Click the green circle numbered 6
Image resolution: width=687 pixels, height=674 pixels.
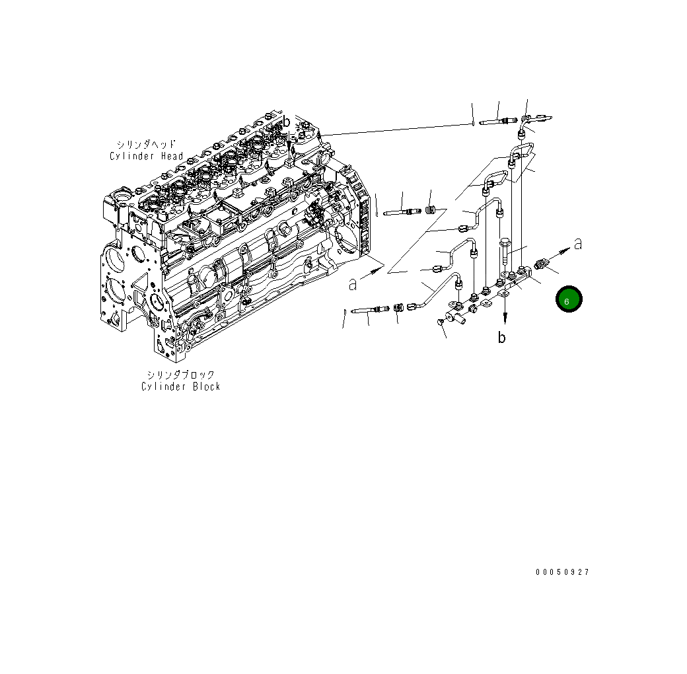tap(568, 300)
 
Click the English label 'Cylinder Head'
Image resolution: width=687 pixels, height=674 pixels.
tap(146, 156)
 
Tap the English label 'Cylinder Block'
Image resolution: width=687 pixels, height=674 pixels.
tap(180, 387)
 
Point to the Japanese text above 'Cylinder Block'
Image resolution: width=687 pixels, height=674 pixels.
tap(180, 375)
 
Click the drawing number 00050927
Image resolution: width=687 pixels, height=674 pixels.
tap(562, 572)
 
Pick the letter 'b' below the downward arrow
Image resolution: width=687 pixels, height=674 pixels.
tap(502, 338)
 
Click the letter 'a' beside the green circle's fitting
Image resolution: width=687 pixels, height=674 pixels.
tap(577, 244)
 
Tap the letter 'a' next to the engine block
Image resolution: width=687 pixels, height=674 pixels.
tap(353, 284)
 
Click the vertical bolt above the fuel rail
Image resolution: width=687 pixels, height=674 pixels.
tap(505, 252)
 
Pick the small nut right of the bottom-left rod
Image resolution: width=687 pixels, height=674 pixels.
tap(398, 308)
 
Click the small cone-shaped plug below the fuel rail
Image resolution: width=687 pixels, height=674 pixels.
tap(441, 322)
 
